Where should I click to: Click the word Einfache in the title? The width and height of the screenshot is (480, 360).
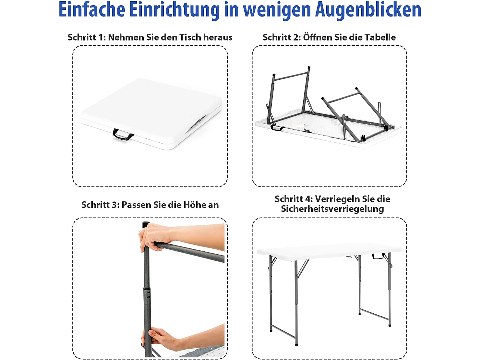(92, 10)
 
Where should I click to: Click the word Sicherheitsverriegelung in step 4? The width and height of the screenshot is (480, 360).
(332, 209)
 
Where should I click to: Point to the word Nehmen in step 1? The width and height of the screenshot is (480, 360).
(126, 37)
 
